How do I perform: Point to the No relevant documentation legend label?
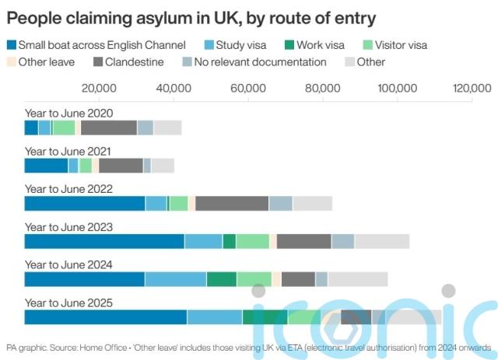tap(261, 61)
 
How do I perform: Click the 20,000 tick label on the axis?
tap(99, 89)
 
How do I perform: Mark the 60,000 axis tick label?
tap(248, 89)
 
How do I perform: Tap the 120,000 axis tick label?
tap(472, 89)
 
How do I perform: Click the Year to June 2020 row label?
tap(68, 114)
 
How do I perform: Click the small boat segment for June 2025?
tap(106, 316)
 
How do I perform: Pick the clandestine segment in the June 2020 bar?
tap(108, 128)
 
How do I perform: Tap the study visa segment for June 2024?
tap(175, 279)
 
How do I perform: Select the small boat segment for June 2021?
tap(46, 166)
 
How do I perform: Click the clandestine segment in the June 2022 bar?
tap(232, 204)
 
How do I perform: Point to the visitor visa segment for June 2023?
tap(252, 241)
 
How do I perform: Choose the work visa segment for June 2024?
tap(222, 279)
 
